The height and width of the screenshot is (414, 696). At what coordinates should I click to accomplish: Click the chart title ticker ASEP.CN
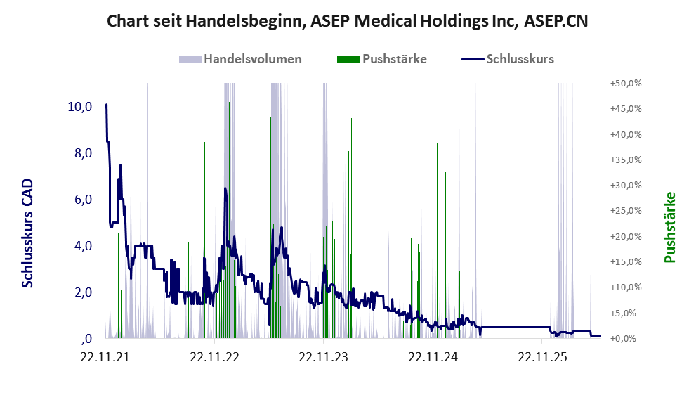coord(556,21)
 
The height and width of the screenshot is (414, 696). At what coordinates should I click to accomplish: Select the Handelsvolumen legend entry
coord(240,59)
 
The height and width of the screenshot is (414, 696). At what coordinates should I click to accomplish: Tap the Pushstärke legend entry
coord(382,59)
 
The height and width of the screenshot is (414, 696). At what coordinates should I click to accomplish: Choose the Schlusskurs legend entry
coord(507,59)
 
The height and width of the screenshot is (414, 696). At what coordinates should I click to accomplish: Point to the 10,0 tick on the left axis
coord(80,107)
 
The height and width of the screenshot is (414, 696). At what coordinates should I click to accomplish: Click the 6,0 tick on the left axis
coord(83,200)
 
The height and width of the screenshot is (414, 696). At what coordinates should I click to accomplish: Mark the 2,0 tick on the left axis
coord(83,292)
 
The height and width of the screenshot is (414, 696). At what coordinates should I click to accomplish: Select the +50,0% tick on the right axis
coord(626,84)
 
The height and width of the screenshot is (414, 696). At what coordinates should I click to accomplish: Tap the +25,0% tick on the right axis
coord(626,211)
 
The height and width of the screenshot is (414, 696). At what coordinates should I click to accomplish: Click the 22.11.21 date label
coord(105,356)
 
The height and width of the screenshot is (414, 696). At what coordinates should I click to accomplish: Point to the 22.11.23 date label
coord(323,356)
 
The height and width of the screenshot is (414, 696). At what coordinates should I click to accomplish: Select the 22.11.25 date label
coord(542,356)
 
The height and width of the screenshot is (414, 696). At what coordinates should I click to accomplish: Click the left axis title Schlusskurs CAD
coord(27,233)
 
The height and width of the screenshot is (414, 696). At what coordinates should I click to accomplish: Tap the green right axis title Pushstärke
coord(669,228)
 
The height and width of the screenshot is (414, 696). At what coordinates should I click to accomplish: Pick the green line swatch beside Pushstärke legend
coord(348,59)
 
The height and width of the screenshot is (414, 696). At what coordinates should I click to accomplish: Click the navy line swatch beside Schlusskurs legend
coord(472,59)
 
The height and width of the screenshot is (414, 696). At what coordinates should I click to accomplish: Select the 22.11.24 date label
coord(433,356)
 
